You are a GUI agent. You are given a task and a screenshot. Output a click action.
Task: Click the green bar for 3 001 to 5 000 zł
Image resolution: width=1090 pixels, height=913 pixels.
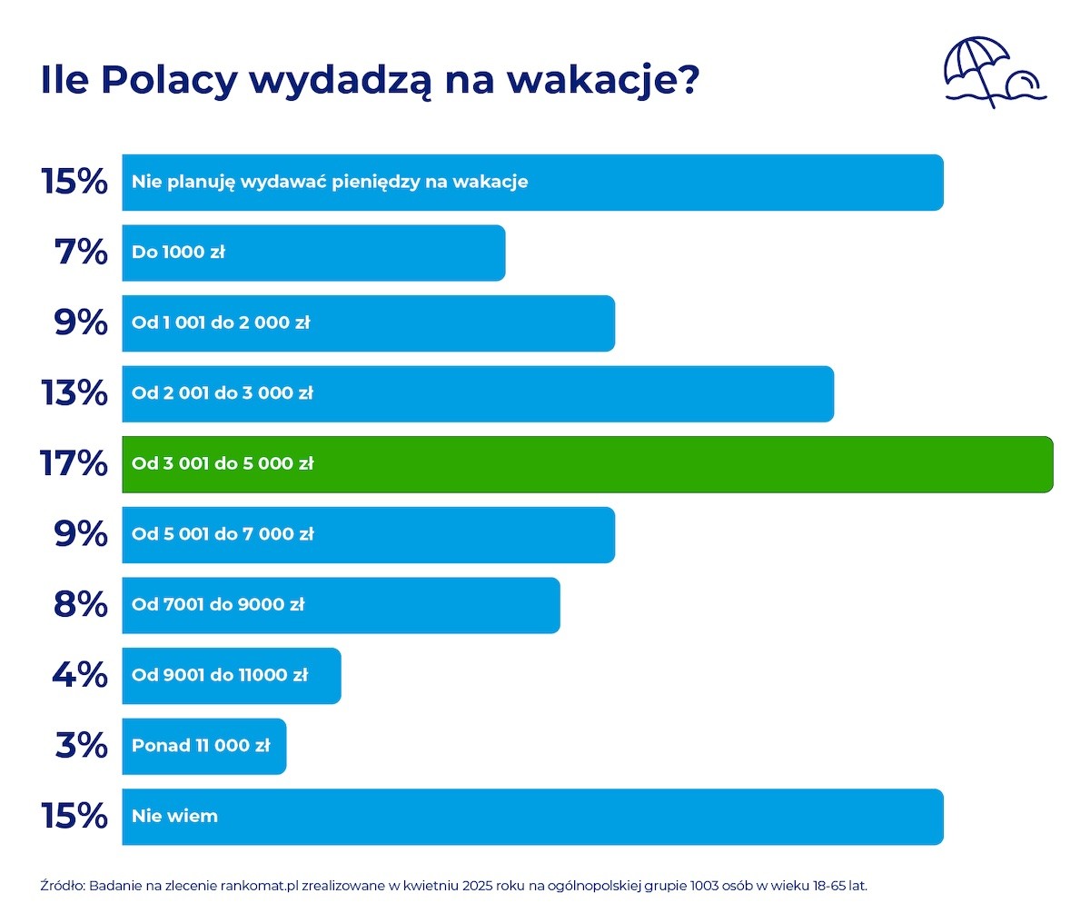point(588,464)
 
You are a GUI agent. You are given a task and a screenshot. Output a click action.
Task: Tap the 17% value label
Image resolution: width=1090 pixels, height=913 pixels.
point(74,463)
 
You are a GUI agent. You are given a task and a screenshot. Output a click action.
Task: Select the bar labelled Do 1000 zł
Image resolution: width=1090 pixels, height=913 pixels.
point(313,253)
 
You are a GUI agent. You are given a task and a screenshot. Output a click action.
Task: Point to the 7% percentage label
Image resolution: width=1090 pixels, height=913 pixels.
point(81,253)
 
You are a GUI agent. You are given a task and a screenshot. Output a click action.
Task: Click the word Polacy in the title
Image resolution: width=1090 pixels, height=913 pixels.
point(170,81)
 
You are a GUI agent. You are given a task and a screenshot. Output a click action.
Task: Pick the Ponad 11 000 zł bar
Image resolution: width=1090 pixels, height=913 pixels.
point(204,746)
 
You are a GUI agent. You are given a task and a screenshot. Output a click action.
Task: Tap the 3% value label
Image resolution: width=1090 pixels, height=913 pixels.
point(82,746)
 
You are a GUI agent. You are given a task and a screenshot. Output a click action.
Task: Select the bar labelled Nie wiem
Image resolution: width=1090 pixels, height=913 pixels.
point(532,817)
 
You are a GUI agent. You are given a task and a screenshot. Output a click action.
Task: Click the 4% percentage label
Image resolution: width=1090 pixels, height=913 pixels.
point(80,675)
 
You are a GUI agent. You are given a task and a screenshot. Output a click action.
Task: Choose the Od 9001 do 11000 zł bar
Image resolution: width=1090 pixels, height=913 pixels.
point(232,676)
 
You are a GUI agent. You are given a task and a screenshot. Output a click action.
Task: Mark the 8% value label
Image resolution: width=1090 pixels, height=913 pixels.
point(81,604)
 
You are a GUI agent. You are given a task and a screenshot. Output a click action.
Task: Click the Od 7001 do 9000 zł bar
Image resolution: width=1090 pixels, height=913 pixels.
point(341,605)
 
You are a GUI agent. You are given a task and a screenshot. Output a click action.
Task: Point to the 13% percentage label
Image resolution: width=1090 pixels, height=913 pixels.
point(74,393)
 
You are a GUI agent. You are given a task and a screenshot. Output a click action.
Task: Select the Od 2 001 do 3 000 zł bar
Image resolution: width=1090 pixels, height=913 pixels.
point(478,393)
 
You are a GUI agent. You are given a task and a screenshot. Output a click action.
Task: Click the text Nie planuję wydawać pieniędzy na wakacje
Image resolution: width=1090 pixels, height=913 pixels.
point(330,183)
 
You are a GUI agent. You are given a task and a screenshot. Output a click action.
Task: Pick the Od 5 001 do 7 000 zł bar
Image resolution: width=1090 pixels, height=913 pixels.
point(368,534)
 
